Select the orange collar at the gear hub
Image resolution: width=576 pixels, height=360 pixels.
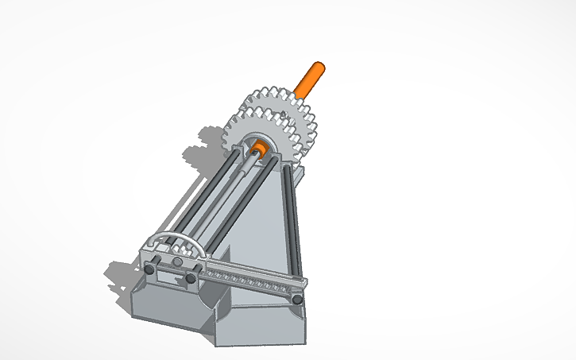(258, 148)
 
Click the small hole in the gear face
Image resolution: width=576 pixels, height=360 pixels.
(284, 116)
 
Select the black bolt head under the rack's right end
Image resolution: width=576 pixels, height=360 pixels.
(296, 300)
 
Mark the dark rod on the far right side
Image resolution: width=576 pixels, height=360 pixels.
(295, 223)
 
